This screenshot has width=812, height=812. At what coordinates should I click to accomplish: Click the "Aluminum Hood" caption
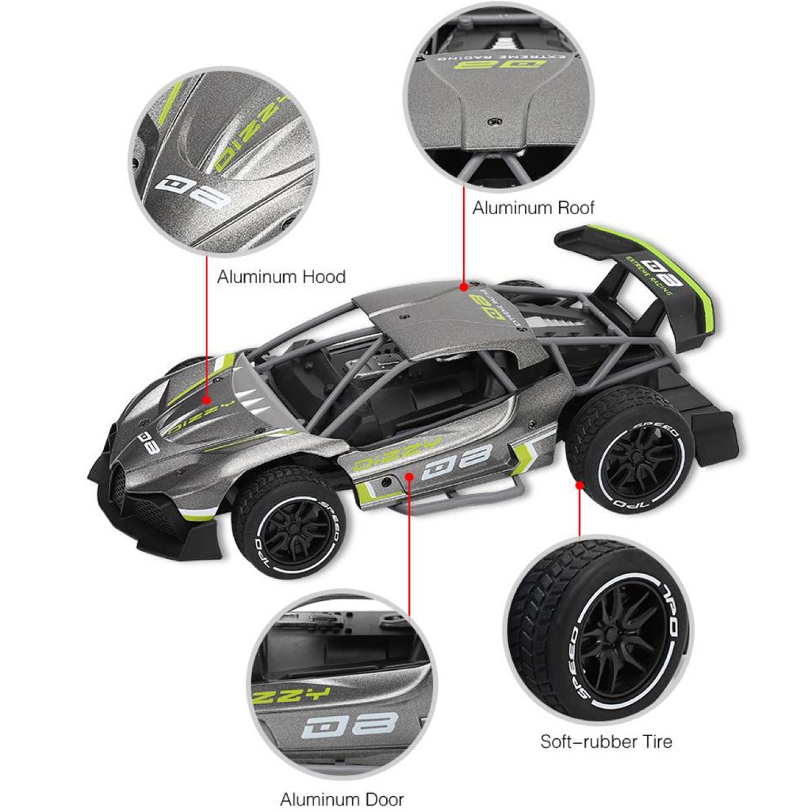click(281, 278)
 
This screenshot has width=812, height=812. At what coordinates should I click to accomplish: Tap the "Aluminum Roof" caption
click(533, 209)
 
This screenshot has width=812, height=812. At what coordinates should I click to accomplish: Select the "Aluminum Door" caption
click(342, 799)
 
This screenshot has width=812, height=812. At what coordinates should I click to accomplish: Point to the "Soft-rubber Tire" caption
click(606, 742)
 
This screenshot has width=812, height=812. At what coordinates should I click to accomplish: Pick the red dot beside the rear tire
click(580, 485)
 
